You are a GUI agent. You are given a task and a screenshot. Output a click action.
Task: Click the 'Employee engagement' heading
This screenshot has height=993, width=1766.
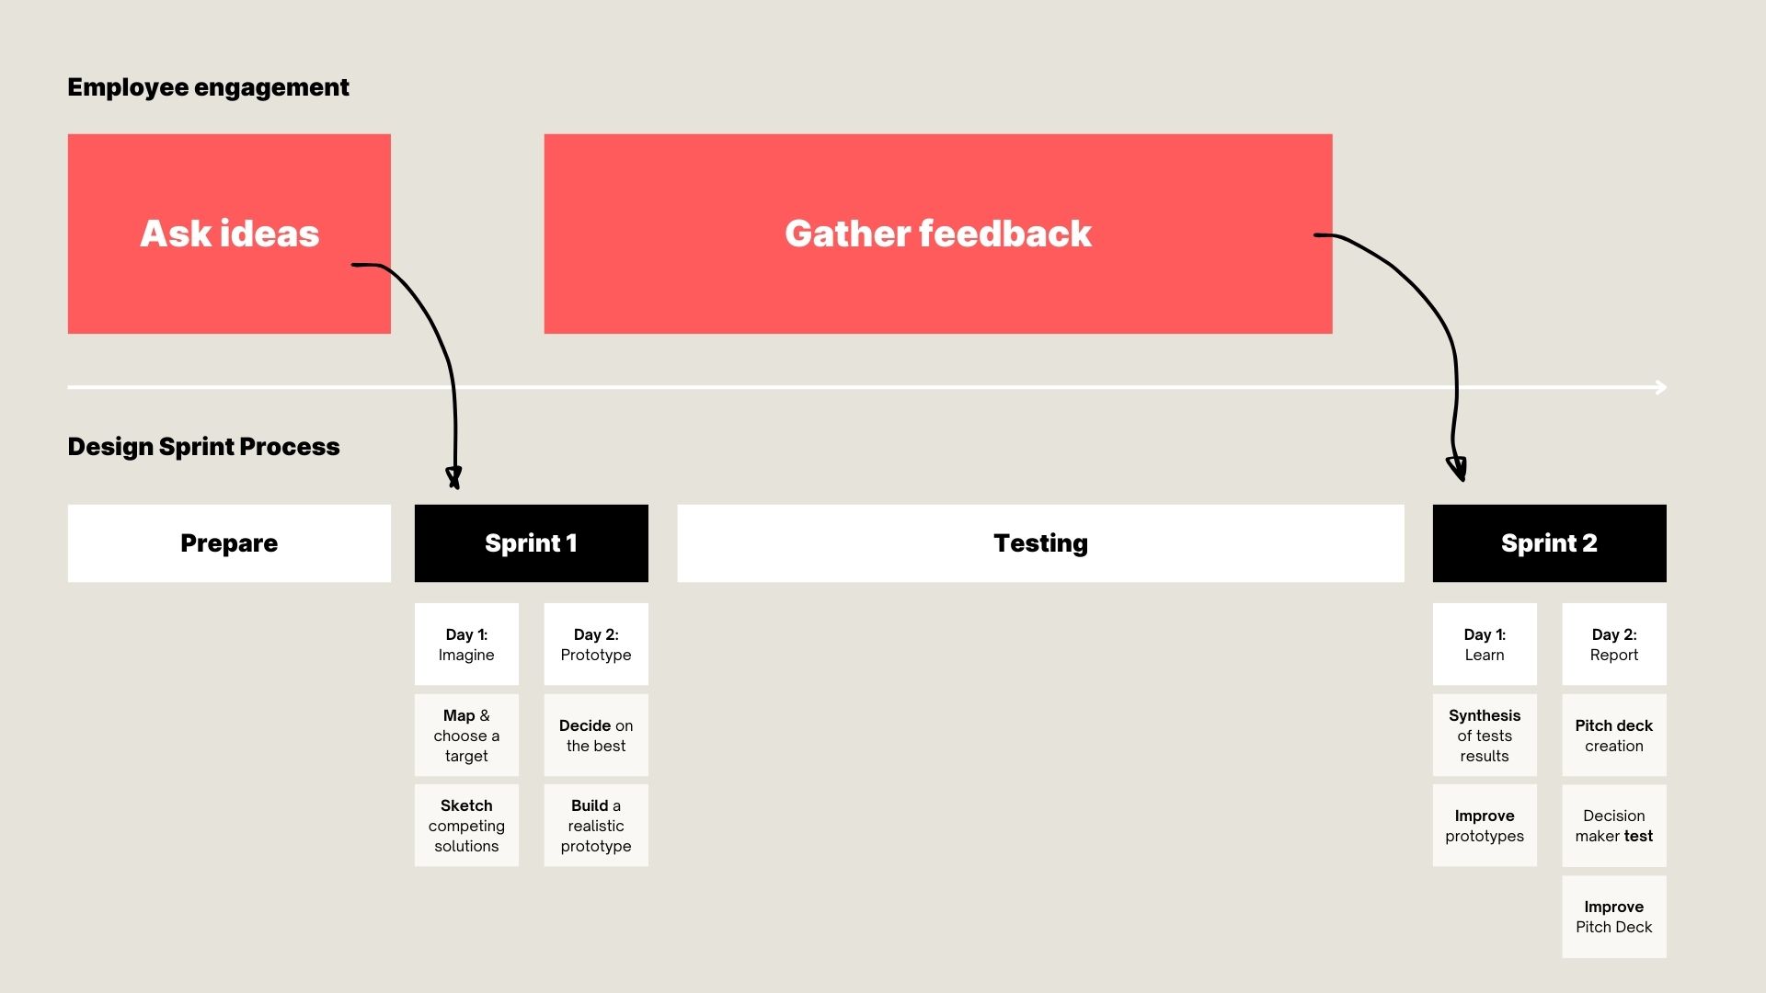click(209, 87)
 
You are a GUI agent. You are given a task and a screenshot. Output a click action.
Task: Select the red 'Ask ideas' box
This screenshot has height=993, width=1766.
click(229, 234)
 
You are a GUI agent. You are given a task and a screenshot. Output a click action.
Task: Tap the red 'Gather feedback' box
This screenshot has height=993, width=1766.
click(938, 234)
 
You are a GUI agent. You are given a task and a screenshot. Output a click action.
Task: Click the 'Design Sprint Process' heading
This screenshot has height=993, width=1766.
click(204, 447)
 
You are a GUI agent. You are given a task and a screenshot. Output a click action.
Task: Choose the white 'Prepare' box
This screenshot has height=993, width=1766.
click(229, 543)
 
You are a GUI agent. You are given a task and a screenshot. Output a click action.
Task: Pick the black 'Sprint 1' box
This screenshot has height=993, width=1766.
click(532, 543)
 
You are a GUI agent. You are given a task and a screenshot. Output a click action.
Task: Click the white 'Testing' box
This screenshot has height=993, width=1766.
click(1041, 543)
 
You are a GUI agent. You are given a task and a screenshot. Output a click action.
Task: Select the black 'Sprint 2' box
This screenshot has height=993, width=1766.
click(1550, 543)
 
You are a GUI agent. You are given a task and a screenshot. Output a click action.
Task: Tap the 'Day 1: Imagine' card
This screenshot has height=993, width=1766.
click(466, 645)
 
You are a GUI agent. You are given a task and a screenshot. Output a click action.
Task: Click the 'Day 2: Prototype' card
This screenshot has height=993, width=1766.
click(596, 645)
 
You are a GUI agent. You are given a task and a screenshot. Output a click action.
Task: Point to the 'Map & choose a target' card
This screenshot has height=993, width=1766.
click(466, 735)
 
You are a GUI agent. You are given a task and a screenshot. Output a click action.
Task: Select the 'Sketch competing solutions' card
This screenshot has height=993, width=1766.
click(466, 826)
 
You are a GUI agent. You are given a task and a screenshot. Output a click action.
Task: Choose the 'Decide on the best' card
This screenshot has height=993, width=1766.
click(596, 735)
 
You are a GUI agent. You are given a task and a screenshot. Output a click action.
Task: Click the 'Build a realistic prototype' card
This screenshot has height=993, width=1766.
click(596, 826)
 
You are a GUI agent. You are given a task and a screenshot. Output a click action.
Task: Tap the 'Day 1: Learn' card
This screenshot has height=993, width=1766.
click(1485, 645)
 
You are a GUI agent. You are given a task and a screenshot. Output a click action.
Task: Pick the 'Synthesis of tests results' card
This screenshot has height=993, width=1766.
click(1485, 735)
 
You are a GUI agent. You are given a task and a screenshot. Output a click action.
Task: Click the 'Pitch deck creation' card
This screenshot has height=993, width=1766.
click(1614, 735)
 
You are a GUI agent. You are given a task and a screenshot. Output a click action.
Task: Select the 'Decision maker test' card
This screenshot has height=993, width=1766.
click(1614, 826)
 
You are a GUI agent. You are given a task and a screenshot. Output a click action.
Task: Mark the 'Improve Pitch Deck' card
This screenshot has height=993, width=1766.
click(1614, 917)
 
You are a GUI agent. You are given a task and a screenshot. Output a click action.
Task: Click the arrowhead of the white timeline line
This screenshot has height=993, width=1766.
click(1662, 387)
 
